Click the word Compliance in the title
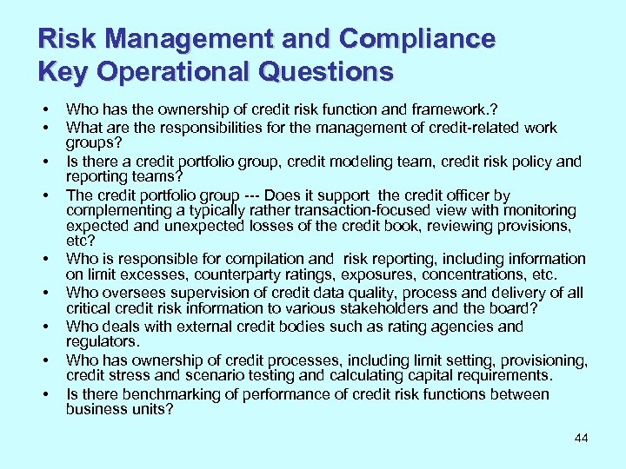coord(417,39)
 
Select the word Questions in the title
coord(333,71)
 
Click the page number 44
coord(581,438)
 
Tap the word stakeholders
coord(403,308)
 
